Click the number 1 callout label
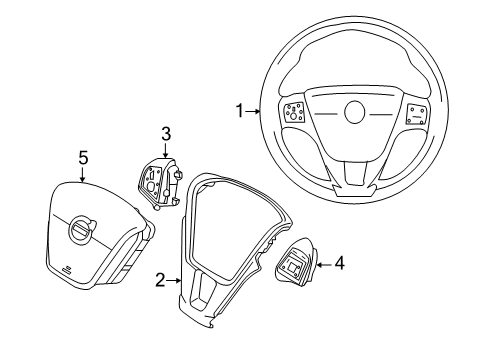(x=239, y=112)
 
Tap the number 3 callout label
(x=167, y=133)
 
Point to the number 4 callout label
(x=340, y=263)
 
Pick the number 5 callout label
(x=84, y=156)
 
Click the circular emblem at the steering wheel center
(x=355, y=111)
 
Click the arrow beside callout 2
(x=176, y=282)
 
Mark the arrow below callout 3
(x=166, y=150)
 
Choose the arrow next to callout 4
(x=323, y=263)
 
